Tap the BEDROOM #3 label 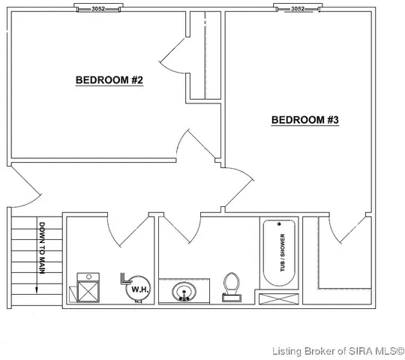305,120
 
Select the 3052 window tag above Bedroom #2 97,9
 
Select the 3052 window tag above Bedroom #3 297,9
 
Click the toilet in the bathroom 232,286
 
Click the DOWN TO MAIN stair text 42,249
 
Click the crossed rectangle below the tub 277,298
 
